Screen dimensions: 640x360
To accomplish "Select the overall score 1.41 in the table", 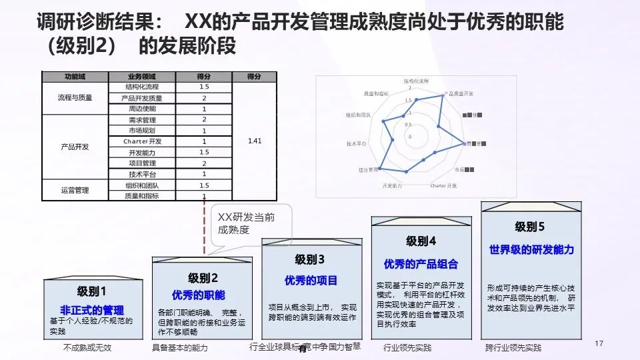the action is coord(254,141).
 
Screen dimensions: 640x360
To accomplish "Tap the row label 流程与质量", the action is coord(75,97).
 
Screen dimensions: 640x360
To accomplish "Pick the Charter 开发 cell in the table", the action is coord(142,141).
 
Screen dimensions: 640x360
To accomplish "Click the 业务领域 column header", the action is coord(141,76).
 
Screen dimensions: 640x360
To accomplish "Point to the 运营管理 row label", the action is coord(75,190).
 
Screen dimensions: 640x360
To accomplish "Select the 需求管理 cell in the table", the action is coord(141,120).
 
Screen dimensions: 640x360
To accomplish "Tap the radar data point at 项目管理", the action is coord(379,169).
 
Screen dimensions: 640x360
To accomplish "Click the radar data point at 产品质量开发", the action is coord(442,95).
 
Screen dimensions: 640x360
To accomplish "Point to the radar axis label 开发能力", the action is coord(392,185).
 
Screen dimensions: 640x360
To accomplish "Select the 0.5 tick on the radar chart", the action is coord(410,124).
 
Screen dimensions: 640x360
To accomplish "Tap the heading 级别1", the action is coord(92,291).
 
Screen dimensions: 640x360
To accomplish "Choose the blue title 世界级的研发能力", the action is coord(531,250).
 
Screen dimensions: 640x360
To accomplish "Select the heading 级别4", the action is coord(421,241).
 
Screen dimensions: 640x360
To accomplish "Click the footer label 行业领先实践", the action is coord(407,348).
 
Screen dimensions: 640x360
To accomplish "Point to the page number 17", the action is coord(598,343).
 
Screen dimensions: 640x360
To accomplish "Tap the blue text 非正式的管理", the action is coord(92,310).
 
